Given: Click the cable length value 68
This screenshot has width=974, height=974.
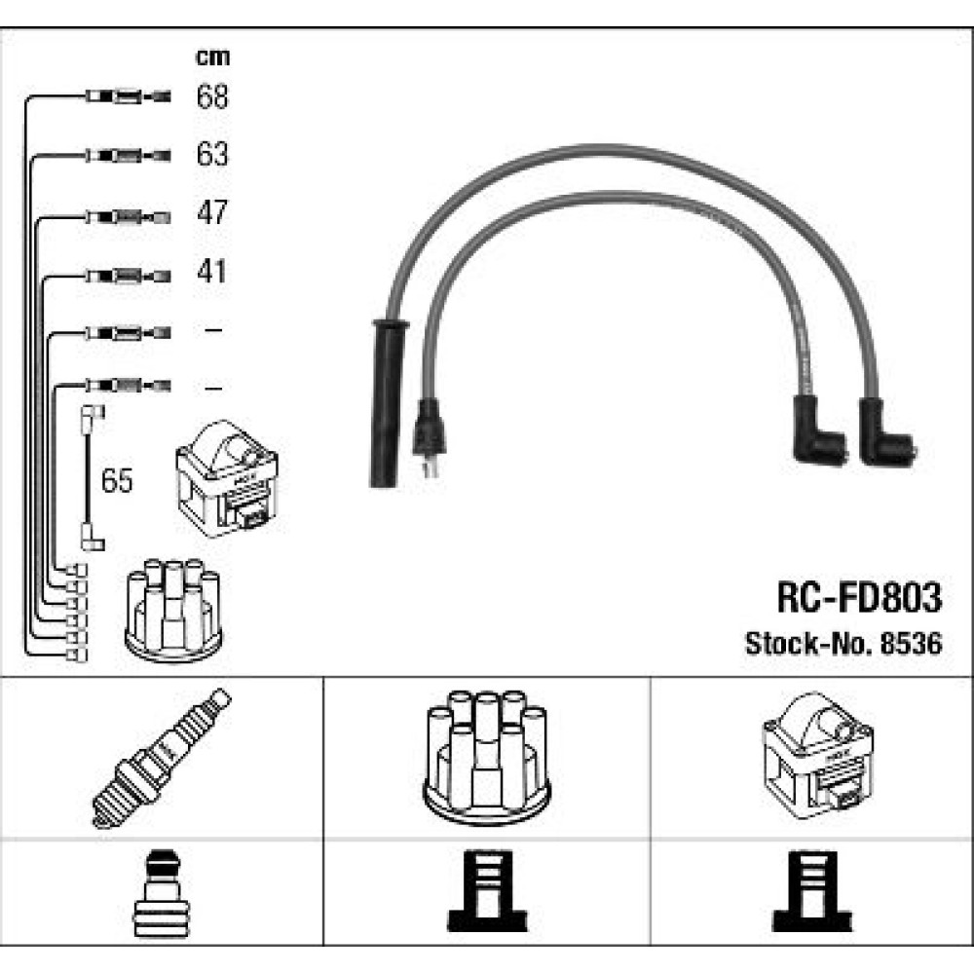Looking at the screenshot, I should (x=212, y=96).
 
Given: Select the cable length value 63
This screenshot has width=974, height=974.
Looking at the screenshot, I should (x=212, y=154).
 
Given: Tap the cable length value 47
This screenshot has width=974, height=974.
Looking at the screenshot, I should (x=212, y=212).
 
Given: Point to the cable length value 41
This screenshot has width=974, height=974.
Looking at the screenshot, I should (x=212, y=271).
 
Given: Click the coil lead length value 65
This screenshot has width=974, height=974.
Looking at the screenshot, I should (x=118, y=482).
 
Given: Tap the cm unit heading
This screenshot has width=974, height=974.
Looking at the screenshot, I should (x=212, y=57).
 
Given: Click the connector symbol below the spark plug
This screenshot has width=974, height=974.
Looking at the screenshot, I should (x=162, y=894).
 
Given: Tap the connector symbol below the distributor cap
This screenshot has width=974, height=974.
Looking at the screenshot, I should (x=486, y=894).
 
